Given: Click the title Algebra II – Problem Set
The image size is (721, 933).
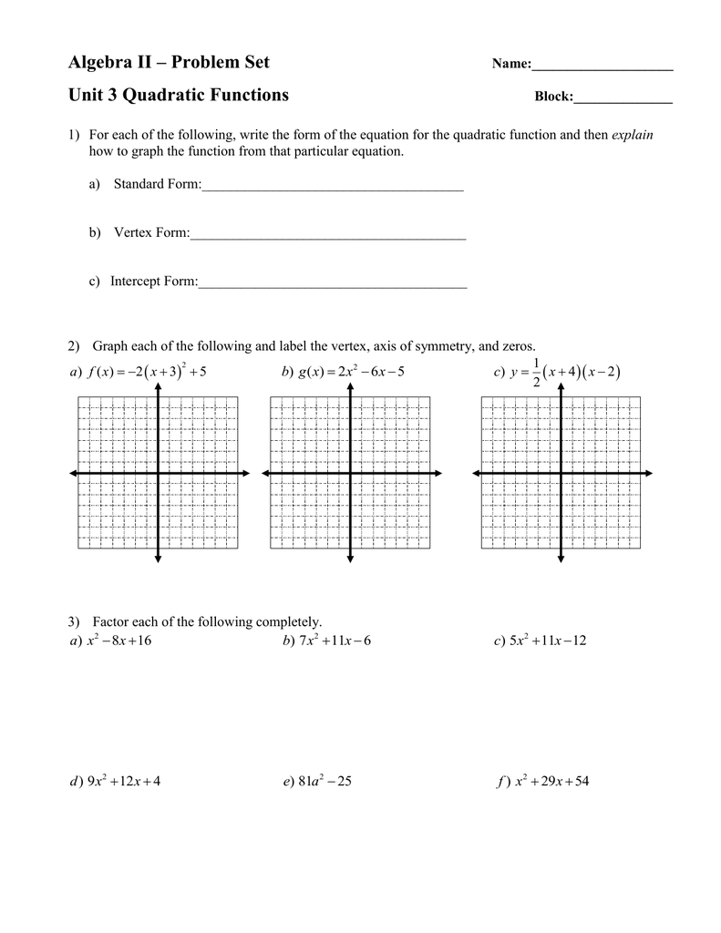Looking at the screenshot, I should (x=169, y=63).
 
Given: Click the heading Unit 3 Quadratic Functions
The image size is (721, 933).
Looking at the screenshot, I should (x=179, y=95).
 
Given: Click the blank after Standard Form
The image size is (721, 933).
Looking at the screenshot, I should (x=333, y=187).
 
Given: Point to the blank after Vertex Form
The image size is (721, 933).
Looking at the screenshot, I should (x=328, y=235).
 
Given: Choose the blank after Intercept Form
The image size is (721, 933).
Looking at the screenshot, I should (x=333, y=283).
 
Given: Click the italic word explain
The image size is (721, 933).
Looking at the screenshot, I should (x=633, y=135).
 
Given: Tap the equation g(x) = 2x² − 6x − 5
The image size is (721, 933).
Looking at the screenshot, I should (x=351, y=372).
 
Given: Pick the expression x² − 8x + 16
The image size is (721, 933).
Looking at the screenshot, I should (x=118, y=641).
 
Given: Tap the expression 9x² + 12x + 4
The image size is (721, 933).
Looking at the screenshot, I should (x=123, y=781).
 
